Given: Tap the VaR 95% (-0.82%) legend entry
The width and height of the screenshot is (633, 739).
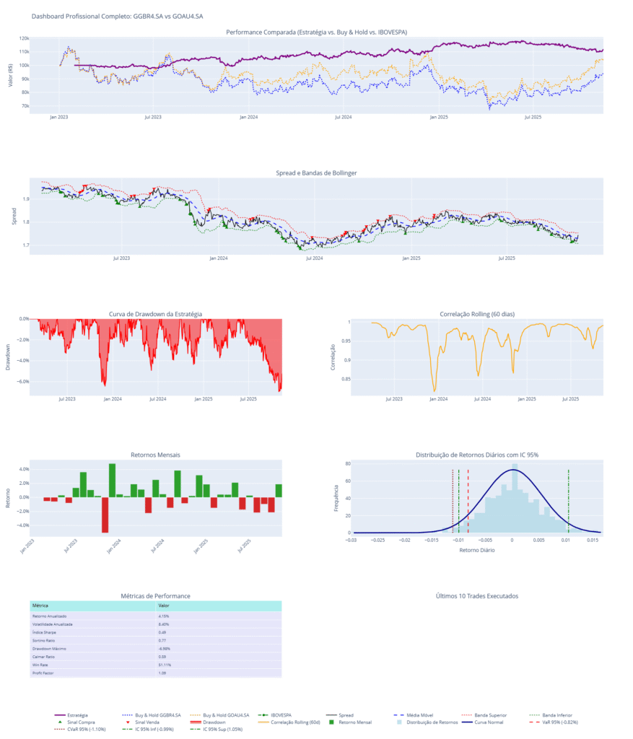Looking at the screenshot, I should pyautogui.click(x=559, y=722).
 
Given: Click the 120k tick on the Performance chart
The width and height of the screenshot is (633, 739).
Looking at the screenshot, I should pyautogui.click(x=43, y=38).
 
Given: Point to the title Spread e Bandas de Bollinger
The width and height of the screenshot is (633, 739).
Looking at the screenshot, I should pyautogui.click(x=316, y=173).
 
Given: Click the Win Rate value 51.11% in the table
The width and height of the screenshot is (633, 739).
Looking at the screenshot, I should pyautogui.click(x=165, y=665).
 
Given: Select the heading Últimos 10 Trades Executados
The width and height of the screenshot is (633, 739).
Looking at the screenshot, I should pyautogui.click(x=477, y=596).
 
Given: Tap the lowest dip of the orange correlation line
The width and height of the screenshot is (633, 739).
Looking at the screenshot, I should pyautogui.click(x=435, y=390).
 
